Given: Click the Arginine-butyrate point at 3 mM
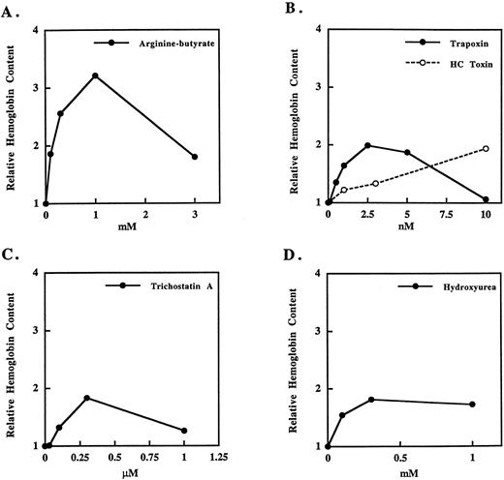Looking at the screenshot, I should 195,157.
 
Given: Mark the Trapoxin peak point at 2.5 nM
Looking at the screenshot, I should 367,146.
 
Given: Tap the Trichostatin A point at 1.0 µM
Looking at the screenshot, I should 184,431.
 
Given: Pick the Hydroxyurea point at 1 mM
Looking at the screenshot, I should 472,405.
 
